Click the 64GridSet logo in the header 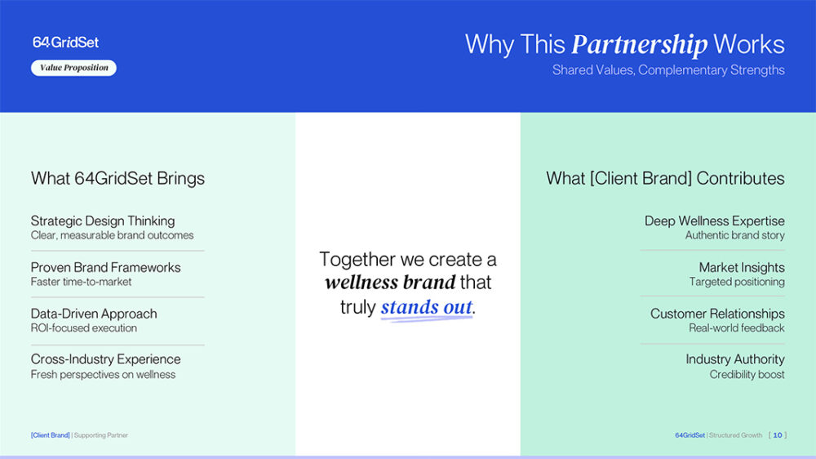coord(65,42)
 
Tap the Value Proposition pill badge coord(74,68)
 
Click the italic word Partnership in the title coord(640,45)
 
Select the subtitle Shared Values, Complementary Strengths coord(668,69)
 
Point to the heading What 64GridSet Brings coord(118,178)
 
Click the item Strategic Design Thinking coord(103,221)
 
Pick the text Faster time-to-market coord(81,282)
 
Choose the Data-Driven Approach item coord(94,314)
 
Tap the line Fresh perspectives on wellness coord(103,375)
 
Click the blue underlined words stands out coord(427,307)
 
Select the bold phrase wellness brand coord(390,283)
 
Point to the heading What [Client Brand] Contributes coord(665,178)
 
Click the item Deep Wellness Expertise coord(715,221)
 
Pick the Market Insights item coord(742,267)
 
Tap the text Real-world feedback coord(736,328)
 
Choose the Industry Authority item coord(735,359)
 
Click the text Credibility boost coord(747,375)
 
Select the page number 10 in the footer coord(778,435)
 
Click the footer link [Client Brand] coord(50,435)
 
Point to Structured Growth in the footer coord(735,435)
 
